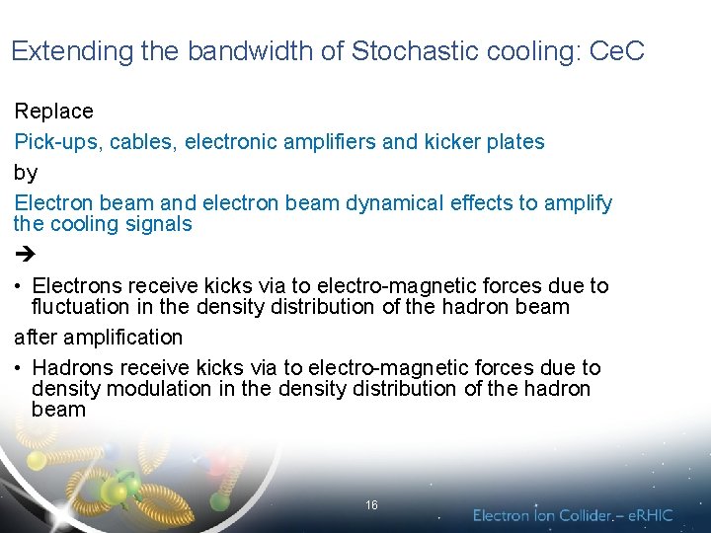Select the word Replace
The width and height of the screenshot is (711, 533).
54,112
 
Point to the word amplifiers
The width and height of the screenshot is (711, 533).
329,142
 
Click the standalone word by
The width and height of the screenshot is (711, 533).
26,173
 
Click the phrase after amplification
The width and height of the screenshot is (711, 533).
99,338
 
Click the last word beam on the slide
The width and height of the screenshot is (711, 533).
58,410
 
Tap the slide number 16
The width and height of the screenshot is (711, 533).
371,504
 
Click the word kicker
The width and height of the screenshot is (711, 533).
452,142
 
